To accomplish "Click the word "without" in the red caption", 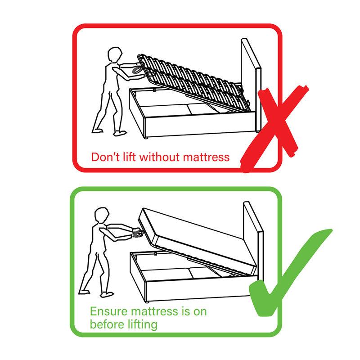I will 154,157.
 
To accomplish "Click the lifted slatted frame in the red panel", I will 189,81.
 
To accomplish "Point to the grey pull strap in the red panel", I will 136,71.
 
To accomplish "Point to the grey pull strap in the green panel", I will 137,233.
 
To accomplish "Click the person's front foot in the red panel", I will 121,133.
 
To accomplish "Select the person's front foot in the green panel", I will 108,294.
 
